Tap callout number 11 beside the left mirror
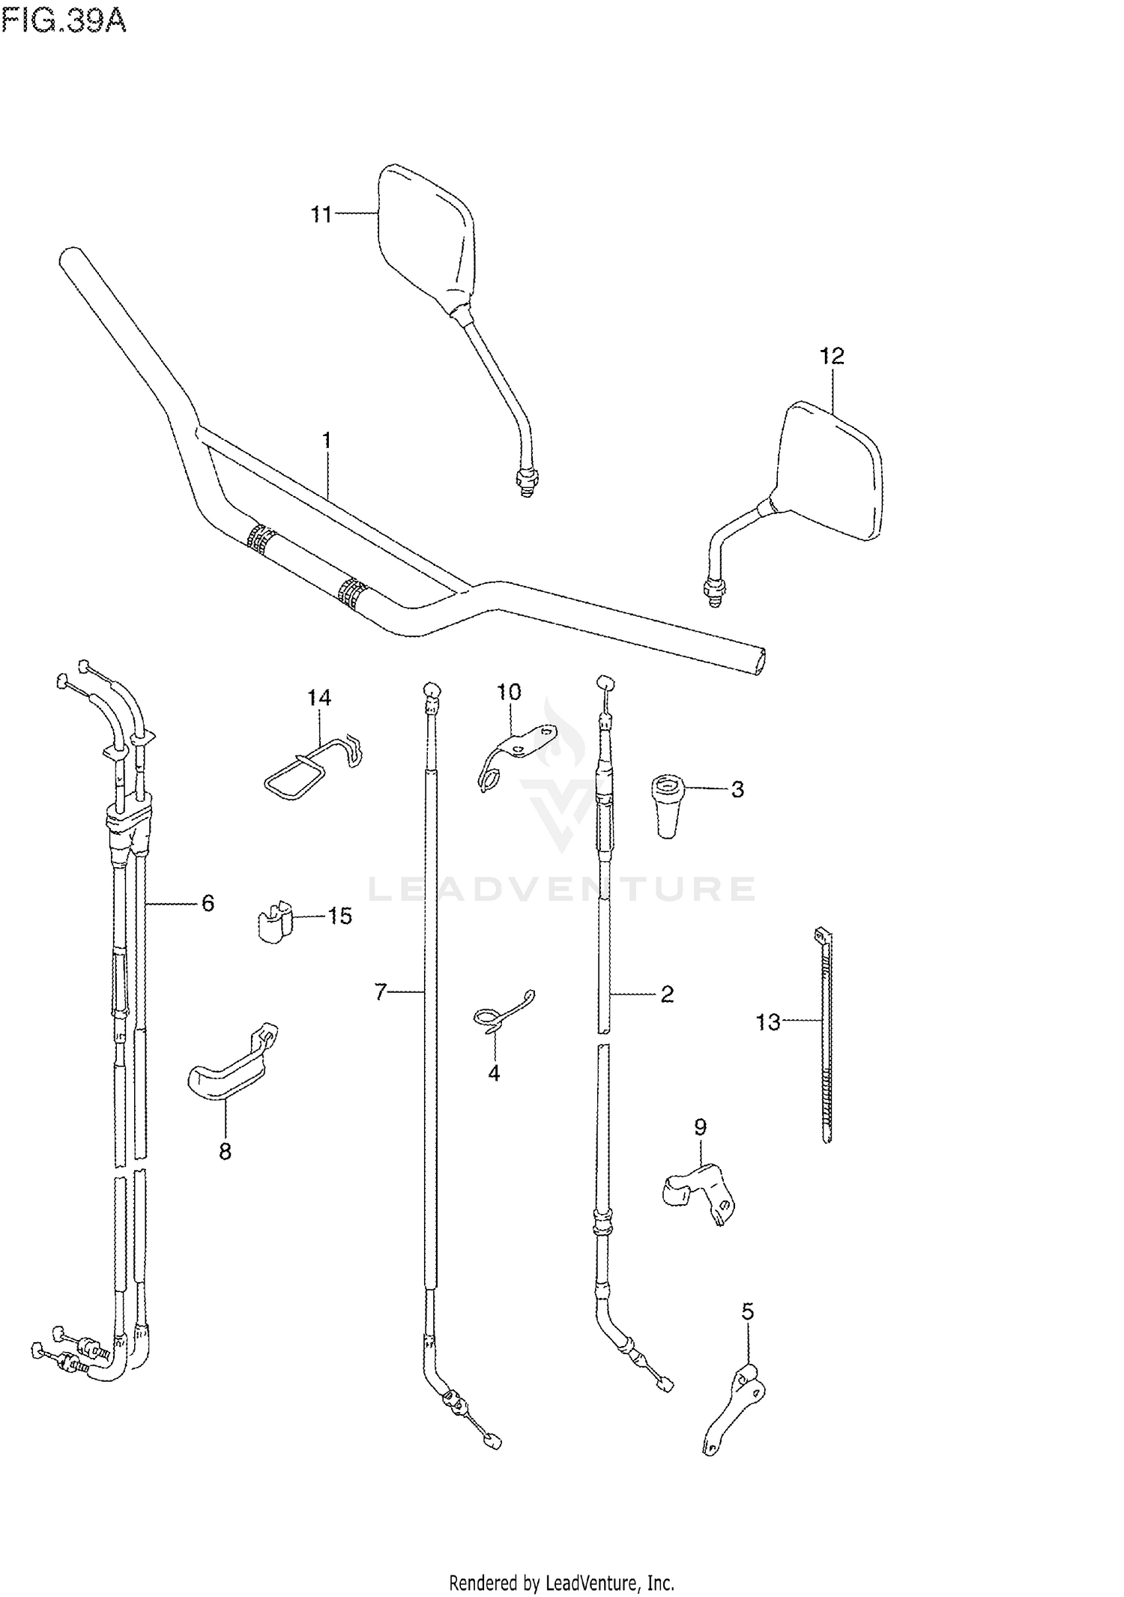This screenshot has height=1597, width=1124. [x=321, y=215]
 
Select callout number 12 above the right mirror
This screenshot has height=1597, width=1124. [x=832, y=356]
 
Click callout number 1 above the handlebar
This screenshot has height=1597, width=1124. [x=327, y=440]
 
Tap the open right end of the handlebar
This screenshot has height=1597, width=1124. [x=759, y=662]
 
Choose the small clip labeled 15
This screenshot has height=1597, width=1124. [x=273, y=920]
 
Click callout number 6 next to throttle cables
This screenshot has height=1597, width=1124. [x=208, y=904]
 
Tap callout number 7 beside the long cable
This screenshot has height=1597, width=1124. [x=381, y=992]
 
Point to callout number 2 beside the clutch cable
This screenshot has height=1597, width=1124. [x=667, y=994]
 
